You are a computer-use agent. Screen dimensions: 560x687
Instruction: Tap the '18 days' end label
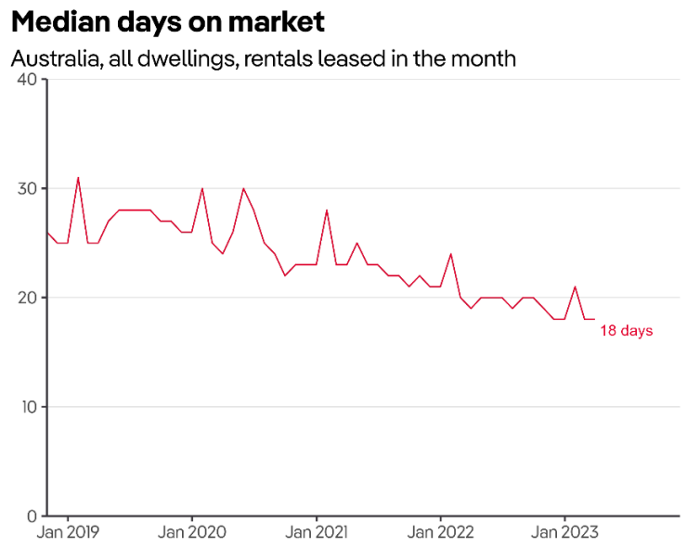click(626, 330)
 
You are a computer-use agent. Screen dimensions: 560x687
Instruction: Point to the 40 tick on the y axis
click(27, 80)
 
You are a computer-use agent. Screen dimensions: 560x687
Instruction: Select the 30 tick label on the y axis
click(27, 188)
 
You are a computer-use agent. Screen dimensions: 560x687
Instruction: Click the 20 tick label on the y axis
click(27, 298)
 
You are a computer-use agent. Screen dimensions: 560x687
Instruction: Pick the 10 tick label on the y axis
click(27, 407)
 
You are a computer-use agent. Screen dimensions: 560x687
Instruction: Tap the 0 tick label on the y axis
click(32, 515)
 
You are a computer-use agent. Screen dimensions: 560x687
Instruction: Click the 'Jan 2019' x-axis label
click(68, 533)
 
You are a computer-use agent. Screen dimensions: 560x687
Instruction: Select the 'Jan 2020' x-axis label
click(192, 533)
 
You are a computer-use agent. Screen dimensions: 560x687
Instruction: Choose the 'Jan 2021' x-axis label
click(317, 533)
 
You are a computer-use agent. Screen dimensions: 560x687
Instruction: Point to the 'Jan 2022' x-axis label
click(441, 533)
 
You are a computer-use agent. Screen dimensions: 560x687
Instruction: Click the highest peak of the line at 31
click(78, 177)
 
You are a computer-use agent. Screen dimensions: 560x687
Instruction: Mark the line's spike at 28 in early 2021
click(327, 210)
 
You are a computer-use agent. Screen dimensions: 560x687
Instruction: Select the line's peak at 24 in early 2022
click(451, 254)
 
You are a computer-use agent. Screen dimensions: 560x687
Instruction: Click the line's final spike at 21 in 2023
click(576, 286)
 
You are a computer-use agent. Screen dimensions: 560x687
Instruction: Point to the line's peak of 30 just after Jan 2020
click(202, 188)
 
